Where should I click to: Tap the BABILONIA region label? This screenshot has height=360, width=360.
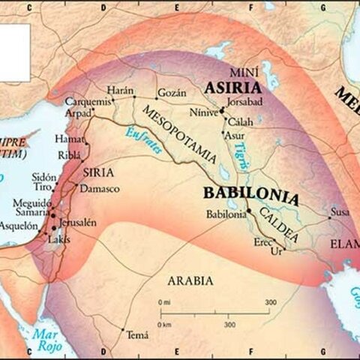coord(250,192)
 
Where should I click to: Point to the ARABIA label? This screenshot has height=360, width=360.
coord(190,280)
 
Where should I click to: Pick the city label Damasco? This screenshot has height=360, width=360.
coord(100,188)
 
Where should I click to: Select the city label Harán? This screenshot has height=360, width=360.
coord(120,89)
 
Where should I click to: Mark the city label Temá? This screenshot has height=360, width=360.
coord(137,334)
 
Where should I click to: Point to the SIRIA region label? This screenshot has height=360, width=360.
coord(98,172)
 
